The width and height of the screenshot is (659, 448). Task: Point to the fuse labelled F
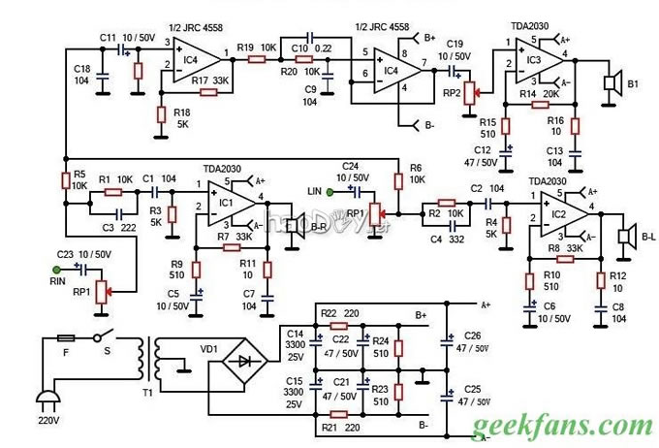pos(65,338)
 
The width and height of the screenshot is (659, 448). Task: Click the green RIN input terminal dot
pos(57,269)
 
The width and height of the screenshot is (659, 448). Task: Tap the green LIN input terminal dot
pos(330,191)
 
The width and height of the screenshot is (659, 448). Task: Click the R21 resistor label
pos(329,427)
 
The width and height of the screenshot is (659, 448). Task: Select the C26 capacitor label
pos(473,336)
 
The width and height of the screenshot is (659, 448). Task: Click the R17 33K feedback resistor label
pos(211,80)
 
